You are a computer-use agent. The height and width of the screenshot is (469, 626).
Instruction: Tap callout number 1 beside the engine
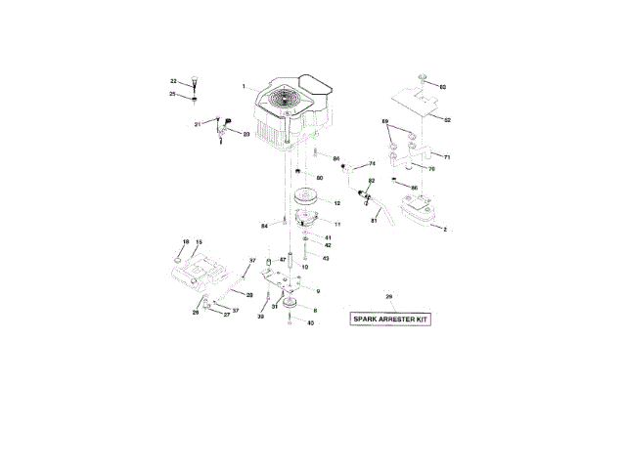tap(246, 89)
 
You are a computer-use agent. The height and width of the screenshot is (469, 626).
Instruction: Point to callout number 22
tap(173, 81)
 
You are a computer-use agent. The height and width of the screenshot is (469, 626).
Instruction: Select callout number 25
tap(173, 94)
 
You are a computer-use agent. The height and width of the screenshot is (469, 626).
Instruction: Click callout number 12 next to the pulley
tap(335, 203)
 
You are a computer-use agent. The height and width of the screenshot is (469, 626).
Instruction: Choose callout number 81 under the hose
tap(373, 221)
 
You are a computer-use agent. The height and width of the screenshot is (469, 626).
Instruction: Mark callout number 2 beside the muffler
tap(444, 229)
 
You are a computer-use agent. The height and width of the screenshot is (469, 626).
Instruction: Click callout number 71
tap(446, 156)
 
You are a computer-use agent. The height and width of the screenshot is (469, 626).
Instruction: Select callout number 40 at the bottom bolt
tap(311, 323)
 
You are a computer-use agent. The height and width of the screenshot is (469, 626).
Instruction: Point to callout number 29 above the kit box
tap(388, 296)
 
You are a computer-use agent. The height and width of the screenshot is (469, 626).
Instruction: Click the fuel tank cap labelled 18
tap(179, 262)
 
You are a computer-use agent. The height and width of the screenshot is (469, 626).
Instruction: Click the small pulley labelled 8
tap(291, 306)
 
